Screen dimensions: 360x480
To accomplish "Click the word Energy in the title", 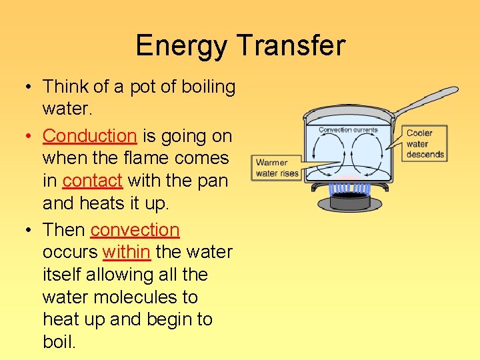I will [x=181, y=46].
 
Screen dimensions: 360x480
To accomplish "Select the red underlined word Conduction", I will [x=89, y=136].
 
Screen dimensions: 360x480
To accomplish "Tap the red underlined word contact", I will [x=92, y=181].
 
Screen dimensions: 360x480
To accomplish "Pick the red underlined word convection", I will [x=135, y=230].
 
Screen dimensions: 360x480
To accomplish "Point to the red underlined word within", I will [x=126, y=253].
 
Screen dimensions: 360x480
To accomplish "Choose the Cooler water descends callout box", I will [x=425, y=143].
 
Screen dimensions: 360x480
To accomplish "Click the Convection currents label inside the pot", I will [x=348, y=130].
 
